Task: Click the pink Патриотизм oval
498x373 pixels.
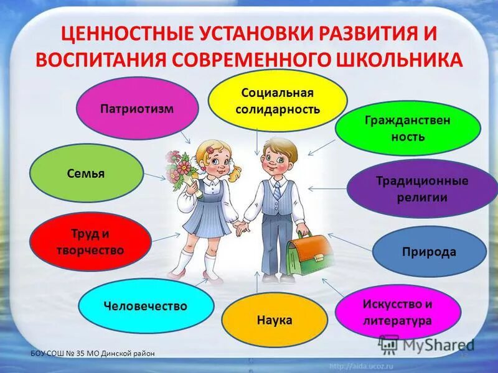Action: (x=137, y=109)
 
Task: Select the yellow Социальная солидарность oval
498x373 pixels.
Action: (x=277, y=99)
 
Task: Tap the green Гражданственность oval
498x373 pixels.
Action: (x=408, y=128)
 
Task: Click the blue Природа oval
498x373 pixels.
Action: (x=429, y=252)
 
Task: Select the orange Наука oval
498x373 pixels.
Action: (x=274, y=320)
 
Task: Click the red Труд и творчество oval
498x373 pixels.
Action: (x=91, y=242)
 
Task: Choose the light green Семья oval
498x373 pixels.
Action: (x=87, y=174)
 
